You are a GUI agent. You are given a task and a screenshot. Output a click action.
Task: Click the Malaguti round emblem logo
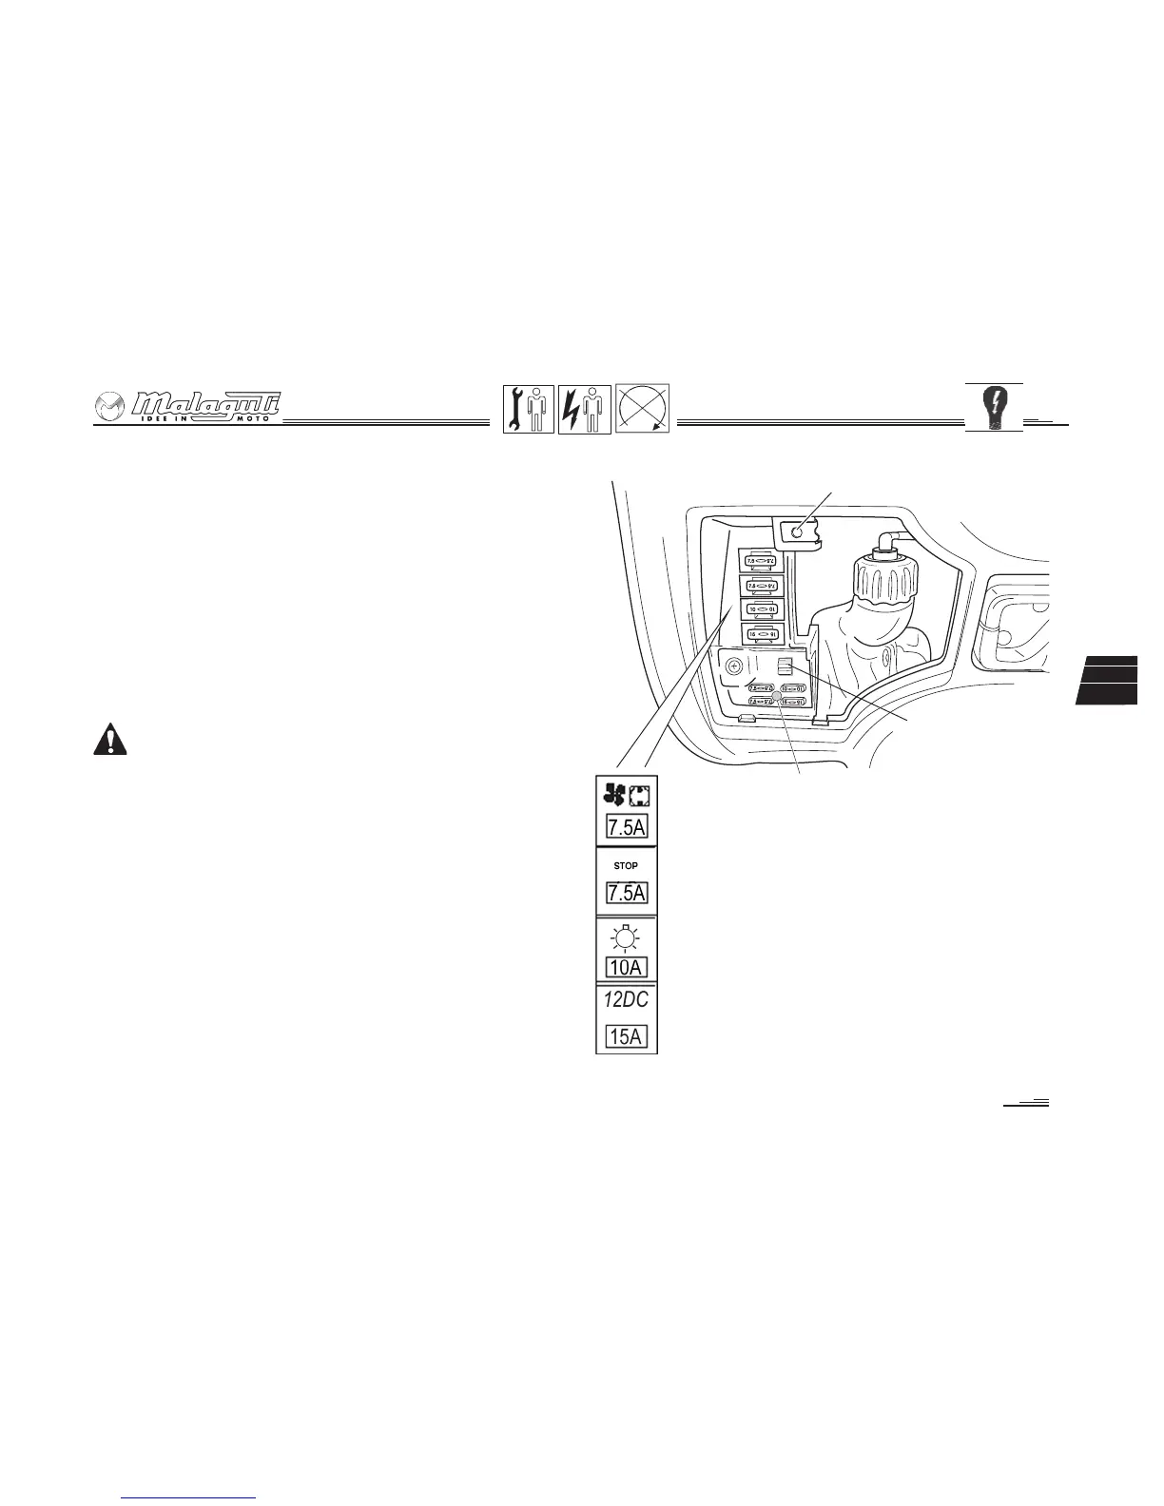[110, 408]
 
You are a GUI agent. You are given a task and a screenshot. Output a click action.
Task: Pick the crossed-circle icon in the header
[643, 409]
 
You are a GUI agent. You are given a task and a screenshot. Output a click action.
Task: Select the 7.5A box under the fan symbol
[627, 826]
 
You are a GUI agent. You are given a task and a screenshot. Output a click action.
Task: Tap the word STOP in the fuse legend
[626, 865]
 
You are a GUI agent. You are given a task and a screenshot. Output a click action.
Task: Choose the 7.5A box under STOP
[627, 893]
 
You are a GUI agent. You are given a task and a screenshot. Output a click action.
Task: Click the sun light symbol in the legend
[626, 939]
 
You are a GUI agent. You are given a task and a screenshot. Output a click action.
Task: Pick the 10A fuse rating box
[627, 968]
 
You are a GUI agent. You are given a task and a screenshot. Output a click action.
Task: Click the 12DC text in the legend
[626, 1000]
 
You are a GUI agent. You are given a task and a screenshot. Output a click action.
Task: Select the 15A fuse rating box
[627, 1035]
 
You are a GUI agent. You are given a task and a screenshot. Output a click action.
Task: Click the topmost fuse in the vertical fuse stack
[762, 561]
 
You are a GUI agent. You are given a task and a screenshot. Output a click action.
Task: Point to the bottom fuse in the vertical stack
[762, 632]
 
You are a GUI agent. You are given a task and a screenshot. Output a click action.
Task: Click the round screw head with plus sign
[733, 667]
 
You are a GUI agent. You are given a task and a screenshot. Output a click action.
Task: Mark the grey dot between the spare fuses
[776, 696]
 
